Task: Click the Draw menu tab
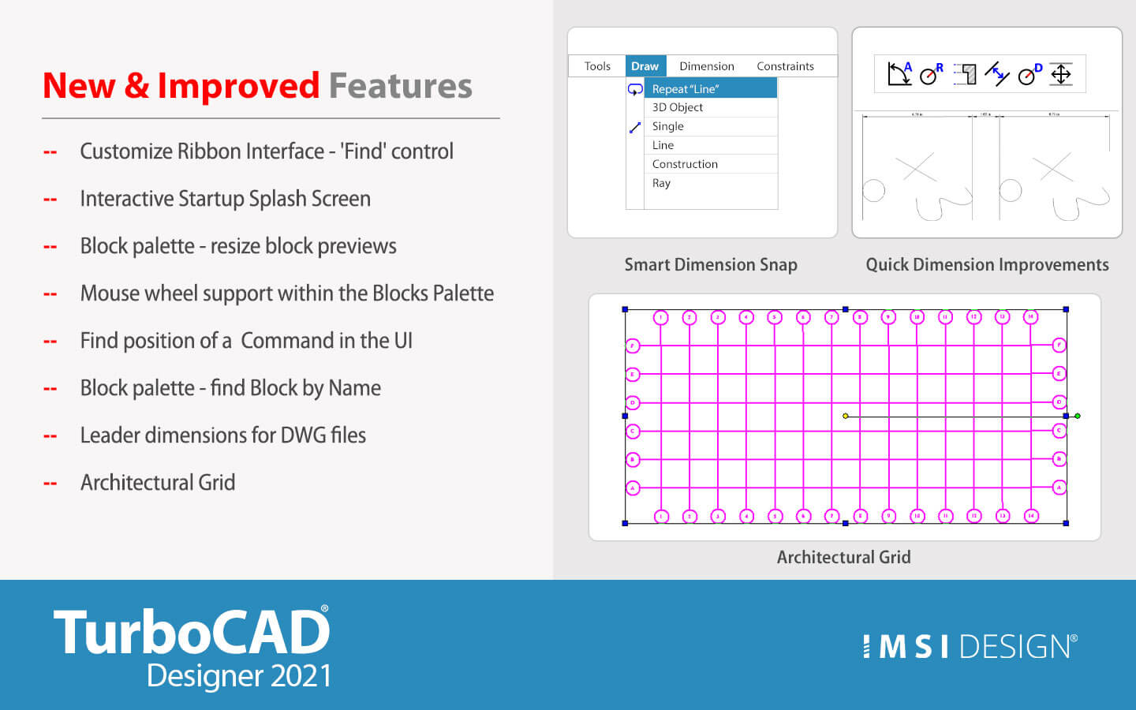point(645,66)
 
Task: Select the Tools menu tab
point(597,66)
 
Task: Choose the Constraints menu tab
point(785,66)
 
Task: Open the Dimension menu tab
point(706,66)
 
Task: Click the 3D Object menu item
point(678,107)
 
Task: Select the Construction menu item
point(685,164)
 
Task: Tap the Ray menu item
point(661,183)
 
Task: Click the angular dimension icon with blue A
point(899,73)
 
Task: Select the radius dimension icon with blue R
point(932,73)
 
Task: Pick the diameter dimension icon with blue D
point(1029,73)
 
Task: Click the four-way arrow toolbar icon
point(1061,74)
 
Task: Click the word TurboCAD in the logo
point(191,633)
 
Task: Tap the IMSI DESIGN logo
point(970,646)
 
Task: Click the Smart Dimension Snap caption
point(711,265)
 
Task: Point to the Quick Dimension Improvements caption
point(987,265)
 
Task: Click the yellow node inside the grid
point(846,416)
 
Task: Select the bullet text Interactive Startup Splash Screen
point(225,199)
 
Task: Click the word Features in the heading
point(400,85)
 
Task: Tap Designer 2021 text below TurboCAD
point(239,677)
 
